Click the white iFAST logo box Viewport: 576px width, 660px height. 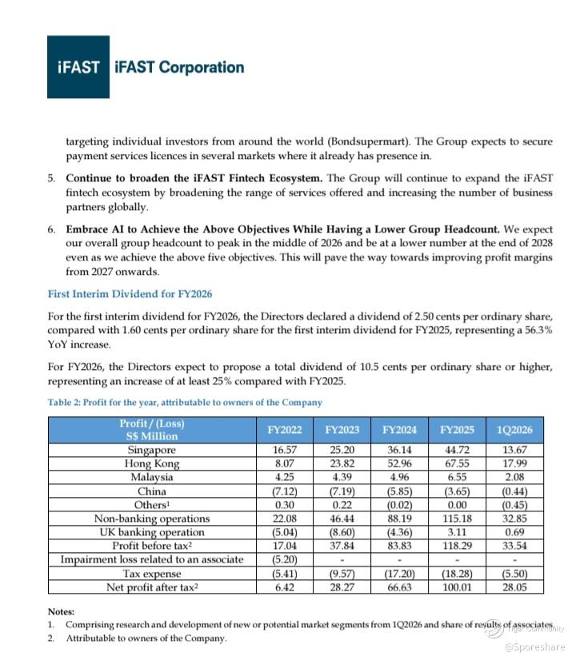(x=78, y=67)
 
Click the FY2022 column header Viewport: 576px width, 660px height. (x=285, y=430)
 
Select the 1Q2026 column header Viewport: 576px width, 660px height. (x=514, y=430)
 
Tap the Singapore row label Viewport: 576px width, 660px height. (x=152, y=450)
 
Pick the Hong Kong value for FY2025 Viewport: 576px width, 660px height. (x=458, y=463)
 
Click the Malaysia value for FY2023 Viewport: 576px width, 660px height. (x=342, y=477)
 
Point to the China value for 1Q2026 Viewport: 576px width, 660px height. (x=514, y=491)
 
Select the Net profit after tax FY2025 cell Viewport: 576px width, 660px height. (x=458, y=588)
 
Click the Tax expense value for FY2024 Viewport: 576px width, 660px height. (x=400, y=574)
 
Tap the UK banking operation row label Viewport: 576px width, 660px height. (x=152, y=532)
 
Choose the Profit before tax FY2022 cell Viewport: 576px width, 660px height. (x=285, y=546)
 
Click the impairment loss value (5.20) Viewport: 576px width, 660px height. (x=285, y=559)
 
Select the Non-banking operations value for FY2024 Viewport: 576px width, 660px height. (x=400, y=519)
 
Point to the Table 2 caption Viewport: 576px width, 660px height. (x=185, y=402)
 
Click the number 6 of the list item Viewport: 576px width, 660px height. (x=50, y=229)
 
